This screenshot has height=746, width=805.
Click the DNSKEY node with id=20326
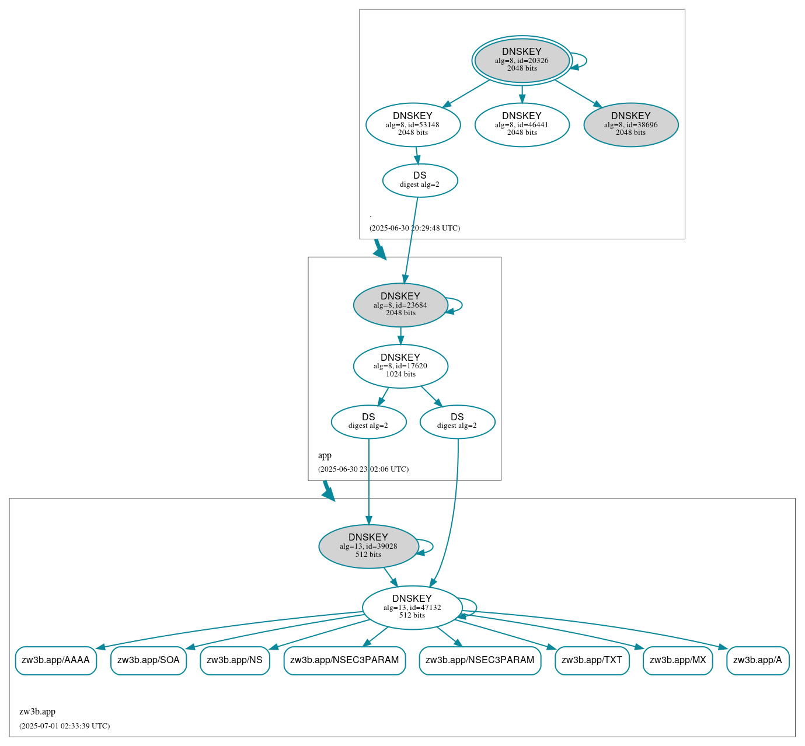click(x=521, y=60)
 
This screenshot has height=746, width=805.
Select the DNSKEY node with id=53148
click(x=413, y=124)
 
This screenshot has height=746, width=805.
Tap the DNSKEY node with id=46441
click(x=521, y=124)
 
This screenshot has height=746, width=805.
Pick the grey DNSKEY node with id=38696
click(x=630, y=124)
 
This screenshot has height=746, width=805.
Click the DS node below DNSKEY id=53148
click(x=420, y=180)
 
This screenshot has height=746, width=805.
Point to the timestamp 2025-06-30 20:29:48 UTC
click(x=414, y=228)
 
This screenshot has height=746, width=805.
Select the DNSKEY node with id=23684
click(x=400, y=305)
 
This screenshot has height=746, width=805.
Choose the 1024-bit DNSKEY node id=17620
click(x=400, y=366)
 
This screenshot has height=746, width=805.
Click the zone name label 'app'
click(x=325, y=455)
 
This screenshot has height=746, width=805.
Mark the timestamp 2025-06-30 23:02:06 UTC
click(x=363, y=469)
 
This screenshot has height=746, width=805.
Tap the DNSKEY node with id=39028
click(x=368, y=546)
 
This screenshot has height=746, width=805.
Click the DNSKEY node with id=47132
click(x=412, y=607)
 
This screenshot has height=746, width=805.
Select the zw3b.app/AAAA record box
click(x=55, y=660)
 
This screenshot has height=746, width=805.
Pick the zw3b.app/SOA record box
click(x=148, y=660)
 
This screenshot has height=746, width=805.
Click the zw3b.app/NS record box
click(x=235, y=660)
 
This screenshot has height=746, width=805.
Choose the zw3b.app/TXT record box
click(x=591, y=660)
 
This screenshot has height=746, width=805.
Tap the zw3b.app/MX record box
click(x=677, y=660)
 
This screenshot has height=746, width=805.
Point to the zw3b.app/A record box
click(x=757, y=660)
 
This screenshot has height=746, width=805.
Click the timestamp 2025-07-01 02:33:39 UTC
click(x=64, y=726)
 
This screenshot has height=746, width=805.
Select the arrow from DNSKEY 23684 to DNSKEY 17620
click(x=400, y=336)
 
